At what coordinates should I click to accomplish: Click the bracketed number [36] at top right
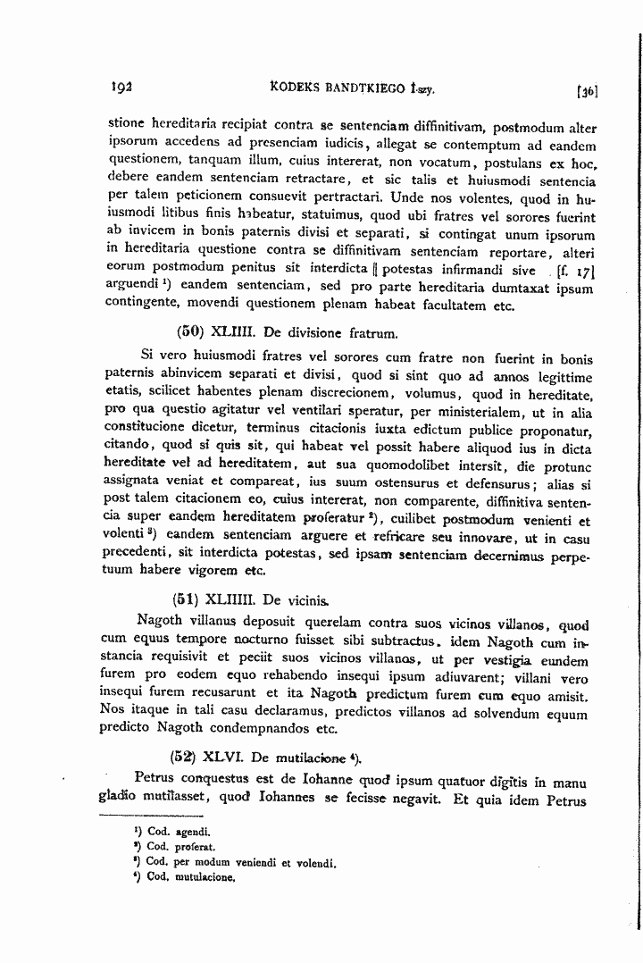tap(588, 90)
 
